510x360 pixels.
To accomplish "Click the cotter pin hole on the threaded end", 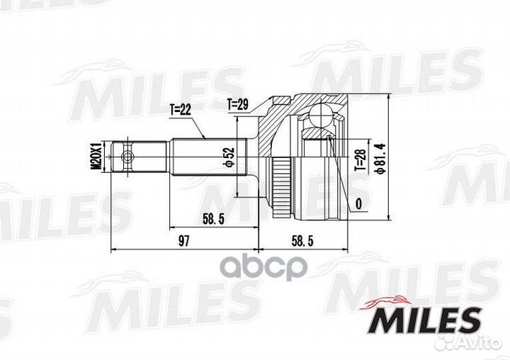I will pyautogui.click(x=127, y=157).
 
